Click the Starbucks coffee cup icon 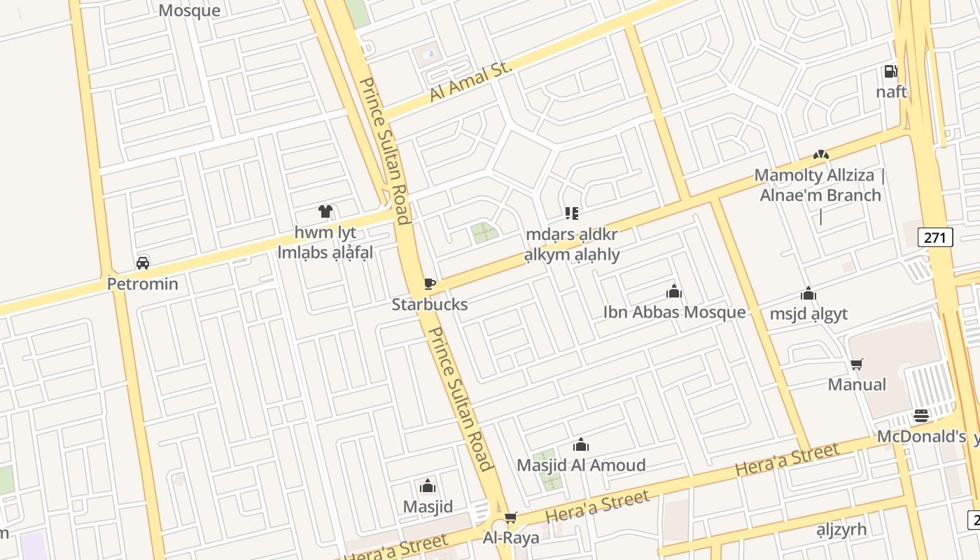[x=429, y=283]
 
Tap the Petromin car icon [x=143, y=263]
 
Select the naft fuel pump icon [x=890, y=71]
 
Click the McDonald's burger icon [x=921, y=416]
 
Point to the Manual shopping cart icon [x=856, y=364]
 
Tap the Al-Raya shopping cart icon [x=511, y=517]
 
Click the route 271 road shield [x=935, y=237]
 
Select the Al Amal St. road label [x=471, y=81]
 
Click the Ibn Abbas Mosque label [x=674, y=312]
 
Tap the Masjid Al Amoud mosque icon [x=580, y=444]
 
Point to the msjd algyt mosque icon [x=808, y=293]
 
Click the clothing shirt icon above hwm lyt [x=325, y=211]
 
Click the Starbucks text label [x=429, y=304]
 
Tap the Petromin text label [x=143, y=284]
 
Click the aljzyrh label [x=841, y=529]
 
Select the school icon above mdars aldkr [x=572, y=213]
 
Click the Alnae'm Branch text [x=820, y=195]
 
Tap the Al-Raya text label [x=511, y=538]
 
